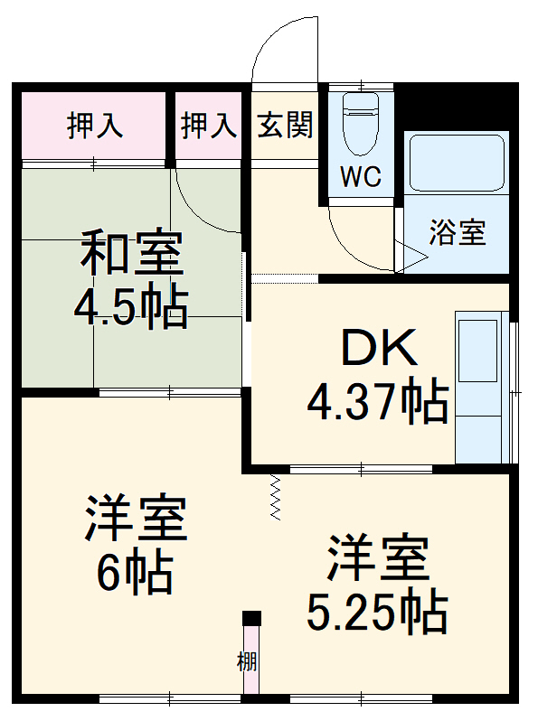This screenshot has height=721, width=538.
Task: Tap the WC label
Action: (x=360, y=177)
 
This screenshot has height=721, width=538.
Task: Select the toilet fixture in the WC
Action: (x=360, y=126)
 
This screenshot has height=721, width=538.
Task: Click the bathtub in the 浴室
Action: (x=456, y=163)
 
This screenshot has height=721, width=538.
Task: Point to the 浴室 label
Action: (x=458, y=233)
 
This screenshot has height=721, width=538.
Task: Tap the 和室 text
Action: (x=132, y=254)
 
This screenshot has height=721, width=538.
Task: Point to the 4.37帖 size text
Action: (x=378, y=401)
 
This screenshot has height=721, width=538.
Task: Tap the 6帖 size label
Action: (x=136, y=571)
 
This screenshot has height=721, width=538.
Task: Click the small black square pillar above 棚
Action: (x=252, y=619)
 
